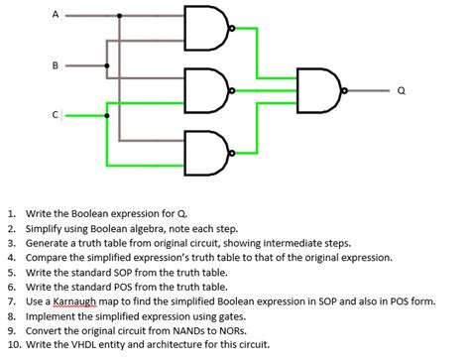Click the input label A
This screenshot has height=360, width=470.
56,15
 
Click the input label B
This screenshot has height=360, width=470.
56,66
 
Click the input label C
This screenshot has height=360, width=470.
57,114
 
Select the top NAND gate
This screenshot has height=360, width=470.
205,28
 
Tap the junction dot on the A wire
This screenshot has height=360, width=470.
120,16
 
